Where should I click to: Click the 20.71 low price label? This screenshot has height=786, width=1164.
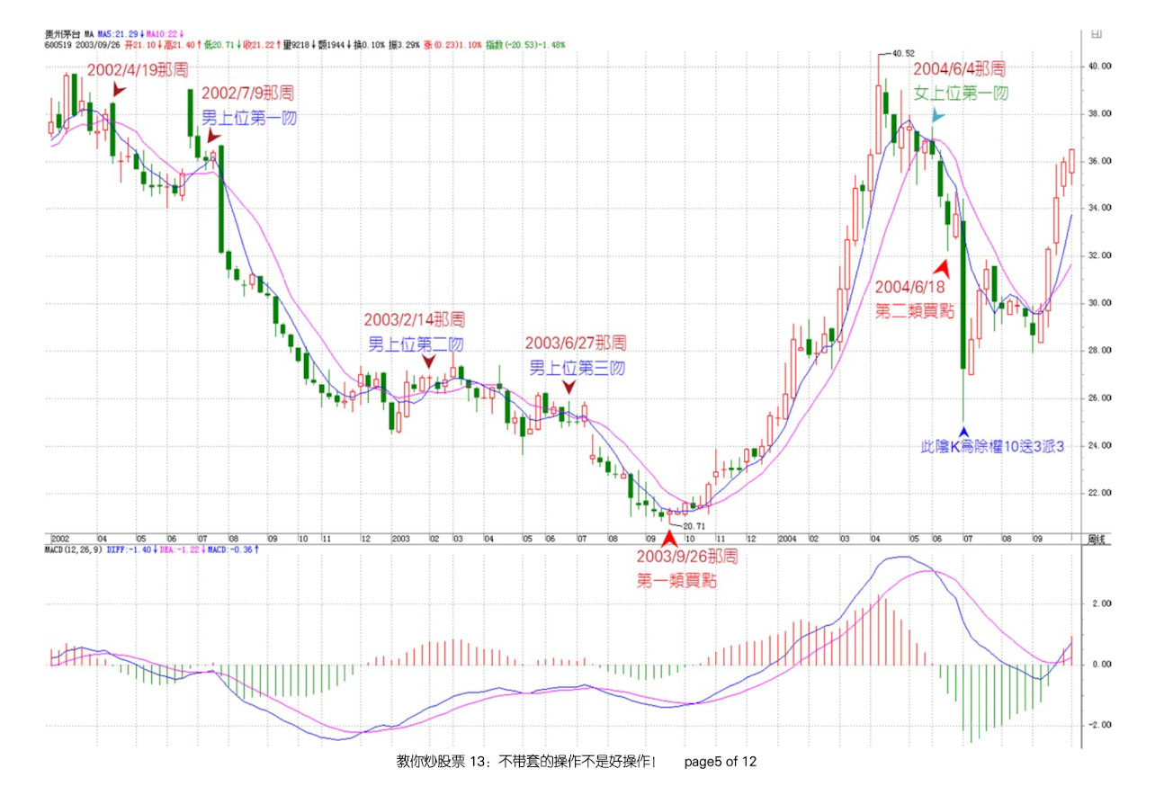(692, 524)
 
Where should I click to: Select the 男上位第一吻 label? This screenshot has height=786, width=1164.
(248, 117)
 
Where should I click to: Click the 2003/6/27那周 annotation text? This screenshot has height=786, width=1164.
(576, 343)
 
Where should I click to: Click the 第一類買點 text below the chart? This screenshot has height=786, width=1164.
(676, 581)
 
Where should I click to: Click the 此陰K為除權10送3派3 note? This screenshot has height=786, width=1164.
(992, 445)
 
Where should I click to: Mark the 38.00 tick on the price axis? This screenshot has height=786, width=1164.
(1100, 113)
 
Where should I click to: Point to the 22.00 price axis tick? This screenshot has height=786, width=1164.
(1100, 493)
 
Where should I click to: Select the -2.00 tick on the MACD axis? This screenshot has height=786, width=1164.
(1100, 725)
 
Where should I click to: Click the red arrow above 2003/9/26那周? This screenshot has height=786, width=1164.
(668, 538)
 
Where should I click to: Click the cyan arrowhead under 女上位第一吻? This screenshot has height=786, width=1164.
(938, 115)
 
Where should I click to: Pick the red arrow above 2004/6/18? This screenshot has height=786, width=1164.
(942, 267)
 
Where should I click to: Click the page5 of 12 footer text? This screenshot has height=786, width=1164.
(721, 762)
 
